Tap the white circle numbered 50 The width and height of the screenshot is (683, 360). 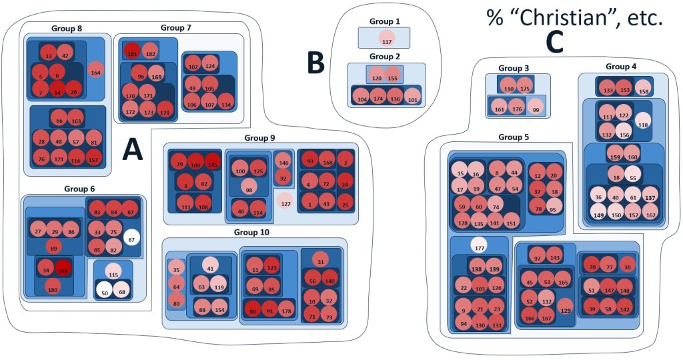coord(103,292)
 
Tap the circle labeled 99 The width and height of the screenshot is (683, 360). coord(535,109)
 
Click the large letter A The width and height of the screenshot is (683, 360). coord(133,152)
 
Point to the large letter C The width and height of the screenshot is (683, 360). coord(555,41)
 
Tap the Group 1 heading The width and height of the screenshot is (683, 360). coord(384,21)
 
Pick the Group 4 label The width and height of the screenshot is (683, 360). coord(621,67)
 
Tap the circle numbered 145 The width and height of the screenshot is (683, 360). coord(212,163)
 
